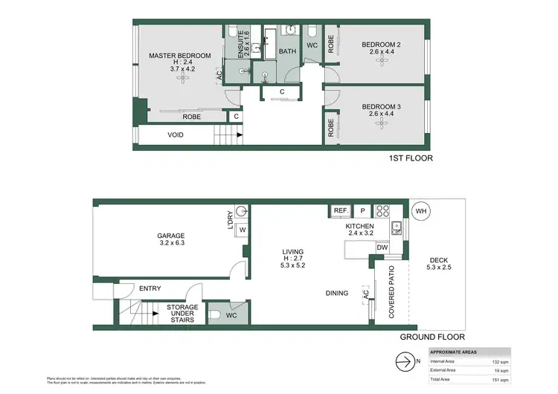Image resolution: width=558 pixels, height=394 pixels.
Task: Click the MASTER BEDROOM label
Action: click(179, 56)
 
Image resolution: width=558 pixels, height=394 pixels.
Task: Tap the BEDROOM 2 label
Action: click(381, 45)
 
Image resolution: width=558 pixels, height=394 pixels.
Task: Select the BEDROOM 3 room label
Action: click(381, 107)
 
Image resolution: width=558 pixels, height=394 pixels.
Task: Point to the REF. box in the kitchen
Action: click(341, 210)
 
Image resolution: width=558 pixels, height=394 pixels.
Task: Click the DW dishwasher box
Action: click(382, 248)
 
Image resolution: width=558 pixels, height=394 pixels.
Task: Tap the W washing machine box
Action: click(242, 230)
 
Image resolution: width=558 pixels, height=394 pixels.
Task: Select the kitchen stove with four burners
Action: click(382, 210)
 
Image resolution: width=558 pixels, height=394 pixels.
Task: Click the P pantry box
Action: click(362, 210)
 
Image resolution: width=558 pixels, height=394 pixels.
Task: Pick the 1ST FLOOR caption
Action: click(411, 158)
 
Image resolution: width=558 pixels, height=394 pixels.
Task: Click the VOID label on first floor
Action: click(176, 135)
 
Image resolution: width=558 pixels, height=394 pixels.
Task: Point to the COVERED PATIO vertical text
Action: click(391, 294)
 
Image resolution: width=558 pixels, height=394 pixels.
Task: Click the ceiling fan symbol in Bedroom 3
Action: click(382, 124)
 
